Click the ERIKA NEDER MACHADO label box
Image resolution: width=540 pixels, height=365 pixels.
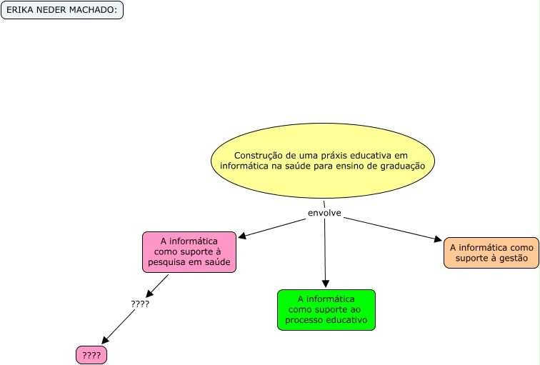point(62,11)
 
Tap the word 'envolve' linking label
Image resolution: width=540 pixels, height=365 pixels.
point(324,213)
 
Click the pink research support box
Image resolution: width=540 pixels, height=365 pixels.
point(189,251)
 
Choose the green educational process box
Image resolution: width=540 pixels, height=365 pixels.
point(326,309)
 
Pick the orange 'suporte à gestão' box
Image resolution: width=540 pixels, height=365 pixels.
point(491,253)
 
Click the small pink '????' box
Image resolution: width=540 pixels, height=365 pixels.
point(91,355)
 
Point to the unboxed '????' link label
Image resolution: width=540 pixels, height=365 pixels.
point(140,304)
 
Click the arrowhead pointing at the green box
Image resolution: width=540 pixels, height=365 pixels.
point(326,284)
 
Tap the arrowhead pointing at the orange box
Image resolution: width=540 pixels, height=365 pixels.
point(438,240)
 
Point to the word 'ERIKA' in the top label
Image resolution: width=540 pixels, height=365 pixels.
point(19,11)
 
